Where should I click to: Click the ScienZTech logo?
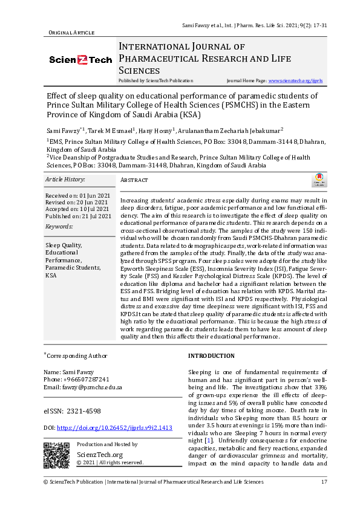pos(80,60)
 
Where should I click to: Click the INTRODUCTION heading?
pos(211,356)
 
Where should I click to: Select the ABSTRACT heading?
pos(134,180)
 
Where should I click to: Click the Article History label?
pos(65,180)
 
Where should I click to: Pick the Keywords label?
pos(59,226)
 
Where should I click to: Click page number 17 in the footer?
pos(324,482)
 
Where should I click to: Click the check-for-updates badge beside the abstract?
pos(318,180)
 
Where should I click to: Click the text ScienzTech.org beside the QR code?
pos(100,455)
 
